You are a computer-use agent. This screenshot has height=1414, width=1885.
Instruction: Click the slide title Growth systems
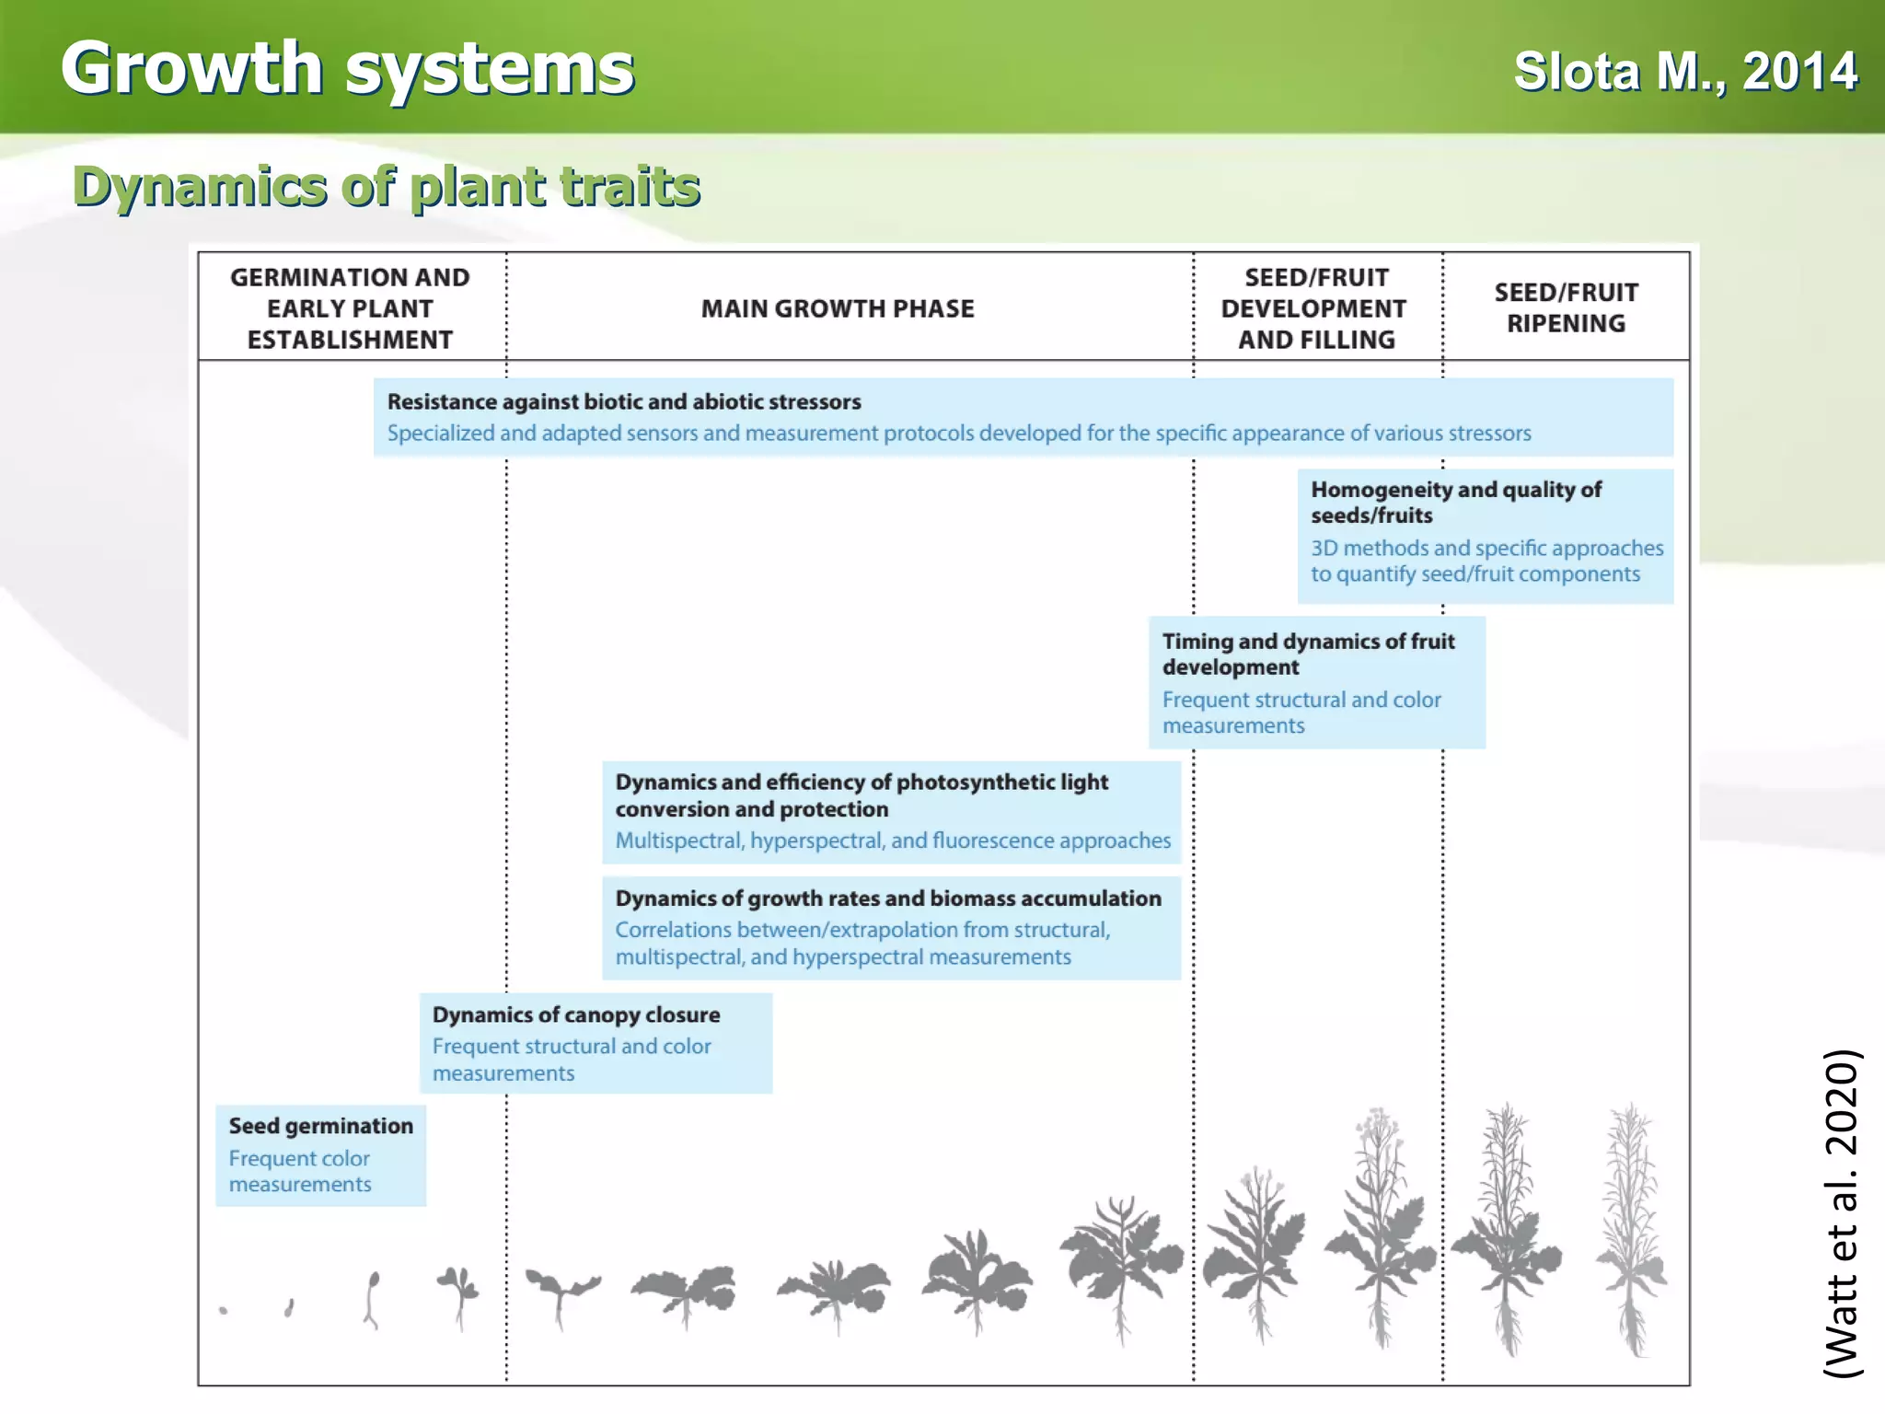(x=348, y=69)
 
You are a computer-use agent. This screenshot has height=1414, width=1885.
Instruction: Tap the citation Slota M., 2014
(x=1685, y=72)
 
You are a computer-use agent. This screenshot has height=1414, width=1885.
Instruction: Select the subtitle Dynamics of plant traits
(x=387, y=187)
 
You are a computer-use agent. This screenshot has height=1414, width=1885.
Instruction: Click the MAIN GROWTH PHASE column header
(x=838, y=309)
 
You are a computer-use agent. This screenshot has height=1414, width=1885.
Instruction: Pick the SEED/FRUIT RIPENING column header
(x=1566, y=308)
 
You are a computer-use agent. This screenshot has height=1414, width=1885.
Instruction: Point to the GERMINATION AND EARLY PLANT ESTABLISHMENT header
(x=350, y=309)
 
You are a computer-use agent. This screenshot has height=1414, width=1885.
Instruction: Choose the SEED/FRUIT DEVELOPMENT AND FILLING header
(x=1316, y=309)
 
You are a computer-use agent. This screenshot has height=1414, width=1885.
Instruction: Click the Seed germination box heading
(x=321, y=1126)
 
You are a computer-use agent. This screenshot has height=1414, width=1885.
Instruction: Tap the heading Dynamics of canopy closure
(x=576, y=1014)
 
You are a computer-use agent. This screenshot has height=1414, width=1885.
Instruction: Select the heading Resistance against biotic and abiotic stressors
(x=624, y=402)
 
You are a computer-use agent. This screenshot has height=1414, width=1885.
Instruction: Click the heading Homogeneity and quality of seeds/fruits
(x=1456, y=503)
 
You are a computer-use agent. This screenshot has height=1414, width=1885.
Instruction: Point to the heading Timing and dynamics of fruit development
(x=1308, y=654)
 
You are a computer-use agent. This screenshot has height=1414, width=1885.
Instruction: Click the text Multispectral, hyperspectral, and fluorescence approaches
(x=893, y=840)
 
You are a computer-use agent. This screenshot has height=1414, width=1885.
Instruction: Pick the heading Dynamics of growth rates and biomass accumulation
(x=888, y=898)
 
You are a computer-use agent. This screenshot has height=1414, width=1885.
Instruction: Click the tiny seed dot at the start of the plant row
(x=224, y=1310)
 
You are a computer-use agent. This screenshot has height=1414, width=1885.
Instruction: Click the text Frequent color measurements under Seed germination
(x=300, y=1171)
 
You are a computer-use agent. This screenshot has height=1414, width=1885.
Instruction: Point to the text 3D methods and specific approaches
(x=1487, y=549)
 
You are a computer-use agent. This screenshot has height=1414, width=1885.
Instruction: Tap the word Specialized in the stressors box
(x=440, y=434)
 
